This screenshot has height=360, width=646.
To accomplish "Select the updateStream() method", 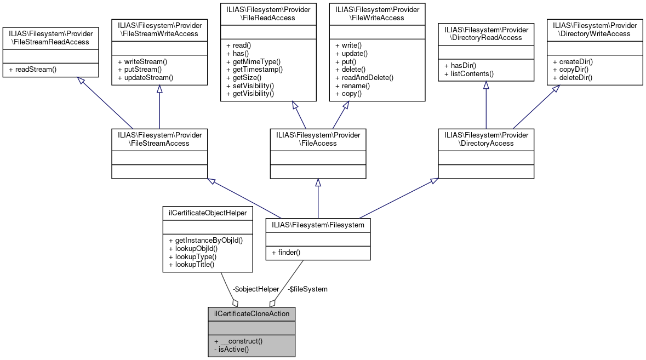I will pyautogui.click(x=145, y=78).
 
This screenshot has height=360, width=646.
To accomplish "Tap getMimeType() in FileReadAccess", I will pyautogui.click(x=253, y=61).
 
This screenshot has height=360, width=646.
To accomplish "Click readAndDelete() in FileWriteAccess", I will pyautogui.click(x=364, y=78).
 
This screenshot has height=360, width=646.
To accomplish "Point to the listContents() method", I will pyautogui.click(x=469, y=73).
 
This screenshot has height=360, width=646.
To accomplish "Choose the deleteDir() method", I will pyautogui.click(x=573, y=78).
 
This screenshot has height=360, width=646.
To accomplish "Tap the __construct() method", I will pyautogui.click(x=239, y=341).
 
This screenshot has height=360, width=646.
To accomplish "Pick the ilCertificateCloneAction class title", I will pyautogui.click(x=251, y=314).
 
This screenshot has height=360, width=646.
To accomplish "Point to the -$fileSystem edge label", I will pyautogui.click(x=307, y=289).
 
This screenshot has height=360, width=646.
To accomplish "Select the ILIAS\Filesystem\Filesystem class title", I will pyautogui.click(x=318, y=225).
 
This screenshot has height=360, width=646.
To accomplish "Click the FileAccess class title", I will pyautogui.click(x=318, y=139).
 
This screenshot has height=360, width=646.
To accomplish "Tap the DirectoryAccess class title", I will pyautogui.click(x=486, y=139).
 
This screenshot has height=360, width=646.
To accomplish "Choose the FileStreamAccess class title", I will pyautogui.click(x=159, y=139).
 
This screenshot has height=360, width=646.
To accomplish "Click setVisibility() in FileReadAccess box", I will pyautogui.click(x=250, y=86).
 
